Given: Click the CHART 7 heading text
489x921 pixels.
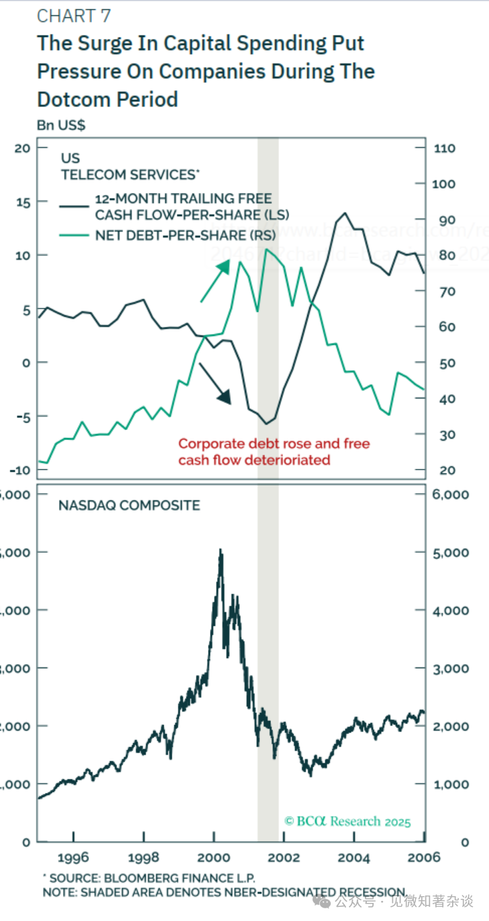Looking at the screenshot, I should [74, 16].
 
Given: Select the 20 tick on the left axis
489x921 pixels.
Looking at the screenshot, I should [23, 148].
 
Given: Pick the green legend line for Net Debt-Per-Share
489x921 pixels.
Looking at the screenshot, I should [74, 235].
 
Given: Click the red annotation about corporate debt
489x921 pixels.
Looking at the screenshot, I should [274, 451].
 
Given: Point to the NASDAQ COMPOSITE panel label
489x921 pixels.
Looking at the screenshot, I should [129, 505].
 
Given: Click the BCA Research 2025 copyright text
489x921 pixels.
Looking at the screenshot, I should [347, 822].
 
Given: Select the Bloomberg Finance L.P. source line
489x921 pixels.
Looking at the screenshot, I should [149, 878].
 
